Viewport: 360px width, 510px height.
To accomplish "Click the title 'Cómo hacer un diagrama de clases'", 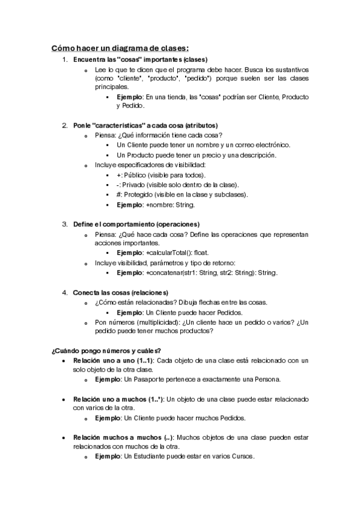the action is (x=120, y=48).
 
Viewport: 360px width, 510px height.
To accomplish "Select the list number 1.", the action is (x=65, y=60).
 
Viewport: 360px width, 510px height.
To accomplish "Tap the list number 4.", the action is (x=65, y=292).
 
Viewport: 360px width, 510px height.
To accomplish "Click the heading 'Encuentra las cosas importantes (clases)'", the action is (x=139, y=60).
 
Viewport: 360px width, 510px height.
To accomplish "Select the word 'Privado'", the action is (x=136, y=184).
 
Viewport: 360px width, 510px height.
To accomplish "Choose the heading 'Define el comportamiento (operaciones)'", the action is (x=140, y=224).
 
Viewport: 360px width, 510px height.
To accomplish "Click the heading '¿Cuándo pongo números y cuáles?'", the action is (x=106, y=350).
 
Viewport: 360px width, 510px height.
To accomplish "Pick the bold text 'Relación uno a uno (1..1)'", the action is (x=113, y=360).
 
